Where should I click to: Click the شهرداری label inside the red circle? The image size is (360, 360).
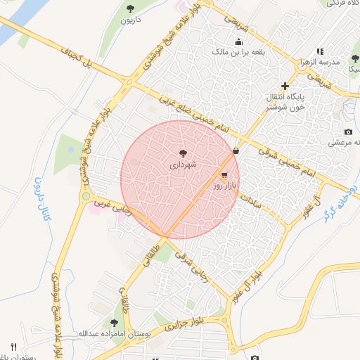point(183,165)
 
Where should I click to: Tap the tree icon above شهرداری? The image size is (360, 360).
point(183,153)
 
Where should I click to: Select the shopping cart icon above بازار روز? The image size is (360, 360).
point(224,174)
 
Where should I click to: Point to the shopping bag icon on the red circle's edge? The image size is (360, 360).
point(235,150)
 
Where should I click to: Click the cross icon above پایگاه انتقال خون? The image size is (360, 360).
point(285,86)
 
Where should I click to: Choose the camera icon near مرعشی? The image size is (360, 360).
point(348,131)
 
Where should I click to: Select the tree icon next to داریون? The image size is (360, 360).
point(131,8)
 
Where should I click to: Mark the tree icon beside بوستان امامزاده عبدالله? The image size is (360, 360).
point(115,323)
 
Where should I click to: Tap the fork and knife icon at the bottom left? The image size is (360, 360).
point(13,347)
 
